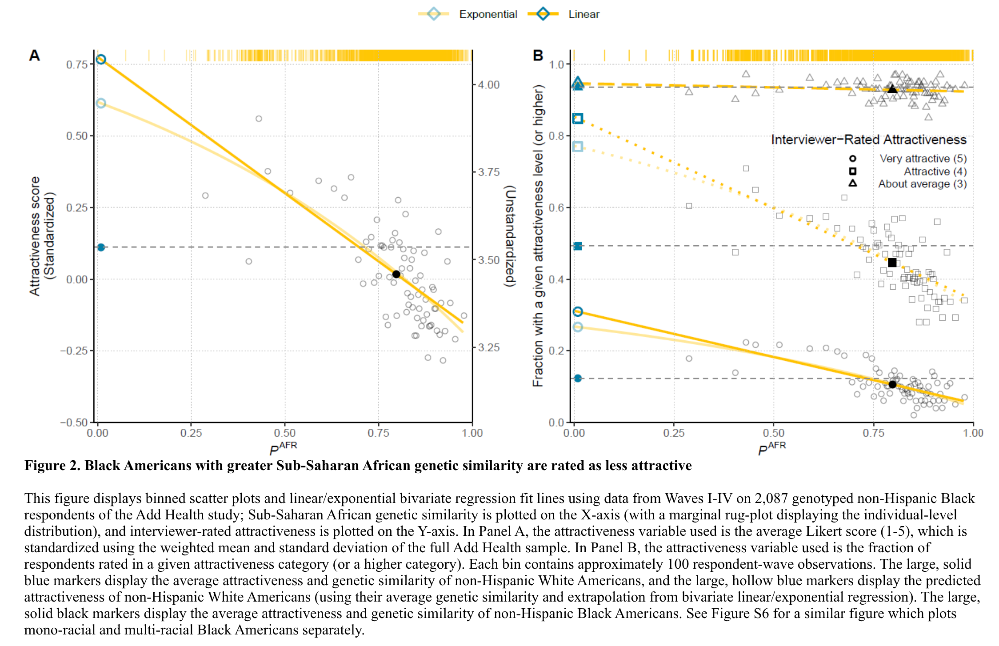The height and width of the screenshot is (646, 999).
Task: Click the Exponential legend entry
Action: (x=488, y=14)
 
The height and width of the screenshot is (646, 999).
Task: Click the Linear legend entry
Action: (x=583, y=14)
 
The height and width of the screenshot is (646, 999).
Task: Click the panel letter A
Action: (x=34, y=56)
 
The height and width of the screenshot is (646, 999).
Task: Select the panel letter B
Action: (x=538, y=56)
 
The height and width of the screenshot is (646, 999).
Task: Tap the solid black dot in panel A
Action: (x=396, y=274)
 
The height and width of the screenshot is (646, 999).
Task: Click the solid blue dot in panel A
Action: (x=101, y=247)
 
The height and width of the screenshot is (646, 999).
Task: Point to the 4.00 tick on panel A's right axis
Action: (x=489, y=84)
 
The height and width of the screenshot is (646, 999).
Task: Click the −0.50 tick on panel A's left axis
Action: (x=74, y=422)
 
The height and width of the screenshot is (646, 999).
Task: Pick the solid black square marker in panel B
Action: (x=892, y=263)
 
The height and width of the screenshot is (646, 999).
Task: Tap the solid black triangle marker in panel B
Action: (x=892, y=89)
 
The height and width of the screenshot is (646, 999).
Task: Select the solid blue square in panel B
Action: (x=578, y=246)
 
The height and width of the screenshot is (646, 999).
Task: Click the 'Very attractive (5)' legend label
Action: (x=923, y=159)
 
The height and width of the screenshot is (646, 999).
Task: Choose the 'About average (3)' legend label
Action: (x=922, y=184)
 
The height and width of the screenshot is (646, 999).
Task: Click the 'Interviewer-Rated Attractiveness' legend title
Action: (x=868, y=140)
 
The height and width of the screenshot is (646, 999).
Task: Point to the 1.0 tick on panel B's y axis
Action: (x=556, y=64)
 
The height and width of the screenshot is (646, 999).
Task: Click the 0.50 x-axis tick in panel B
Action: (x=773, y=432)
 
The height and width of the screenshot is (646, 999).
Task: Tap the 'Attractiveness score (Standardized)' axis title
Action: (x=41, y=236)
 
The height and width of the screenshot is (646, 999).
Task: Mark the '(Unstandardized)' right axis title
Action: (x=510, y=236)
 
